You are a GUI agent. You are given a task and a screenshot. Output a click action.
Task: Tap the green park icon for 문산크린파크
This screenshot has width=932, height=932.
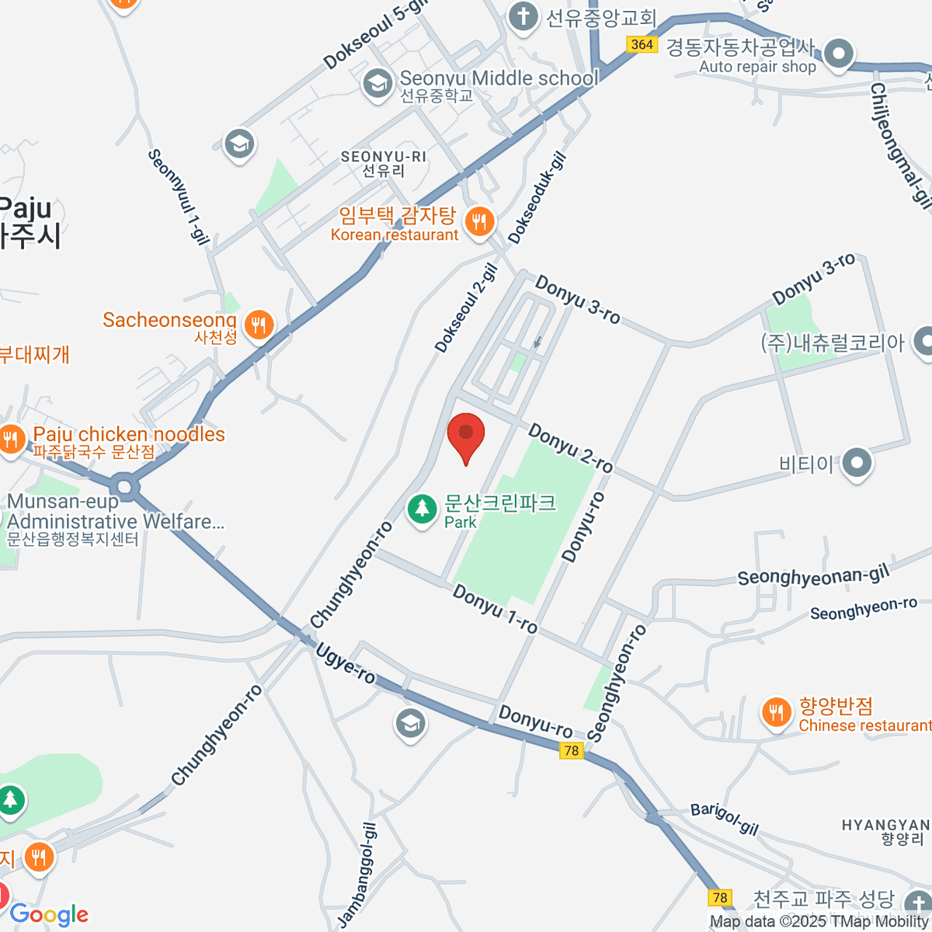coord(423,509)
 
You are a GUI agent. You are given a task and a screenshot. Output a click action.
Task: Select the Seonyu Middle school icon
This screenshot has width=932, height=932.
coord(378,85)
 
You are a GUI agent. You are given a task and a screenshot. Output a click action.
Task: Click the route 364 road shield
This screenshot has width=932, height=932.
coord(642,44)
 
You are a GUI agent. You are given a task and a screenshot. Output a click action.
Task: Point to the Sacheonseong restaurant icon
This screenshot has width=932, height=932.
coord(259,325)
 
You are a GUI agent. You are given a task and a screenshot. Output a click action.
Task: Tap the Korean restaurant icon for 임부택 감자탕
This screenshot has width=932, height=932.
coord(480,223)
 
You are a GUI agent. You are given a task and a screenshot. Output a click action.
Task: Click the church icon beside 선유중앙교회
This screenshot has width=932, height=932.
coord(523,17)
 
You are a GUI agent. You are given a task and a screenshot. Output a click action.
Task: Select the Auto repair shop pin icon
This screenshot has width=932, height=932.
coord(838,55)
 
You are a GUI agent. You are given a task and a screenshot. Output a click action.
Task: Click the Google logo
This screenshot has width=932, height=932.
coord(49,915)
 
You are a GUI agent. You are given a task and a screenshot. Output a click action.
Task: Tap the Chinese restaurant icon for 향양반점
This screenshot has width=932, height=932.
coord(775,713)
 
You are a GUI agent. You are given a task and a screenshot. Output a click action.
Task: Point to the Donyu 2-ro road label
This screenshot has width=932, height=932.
coord(571,448)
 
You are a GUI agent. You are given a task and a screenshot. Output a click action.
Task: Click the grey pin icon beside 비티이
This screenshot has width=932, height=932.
coord(857,464)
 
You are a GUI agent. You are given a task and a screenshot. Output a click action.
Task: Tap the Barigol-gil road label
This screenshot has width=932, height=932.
coord(724,819)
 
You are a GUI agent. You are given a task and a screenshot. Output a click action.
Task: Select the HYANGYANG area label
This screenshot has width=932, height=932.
coord(885,825)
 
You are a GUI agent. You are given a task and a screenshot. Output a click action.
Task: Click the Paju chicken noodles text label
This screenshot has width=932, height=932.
coord(129,434)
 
